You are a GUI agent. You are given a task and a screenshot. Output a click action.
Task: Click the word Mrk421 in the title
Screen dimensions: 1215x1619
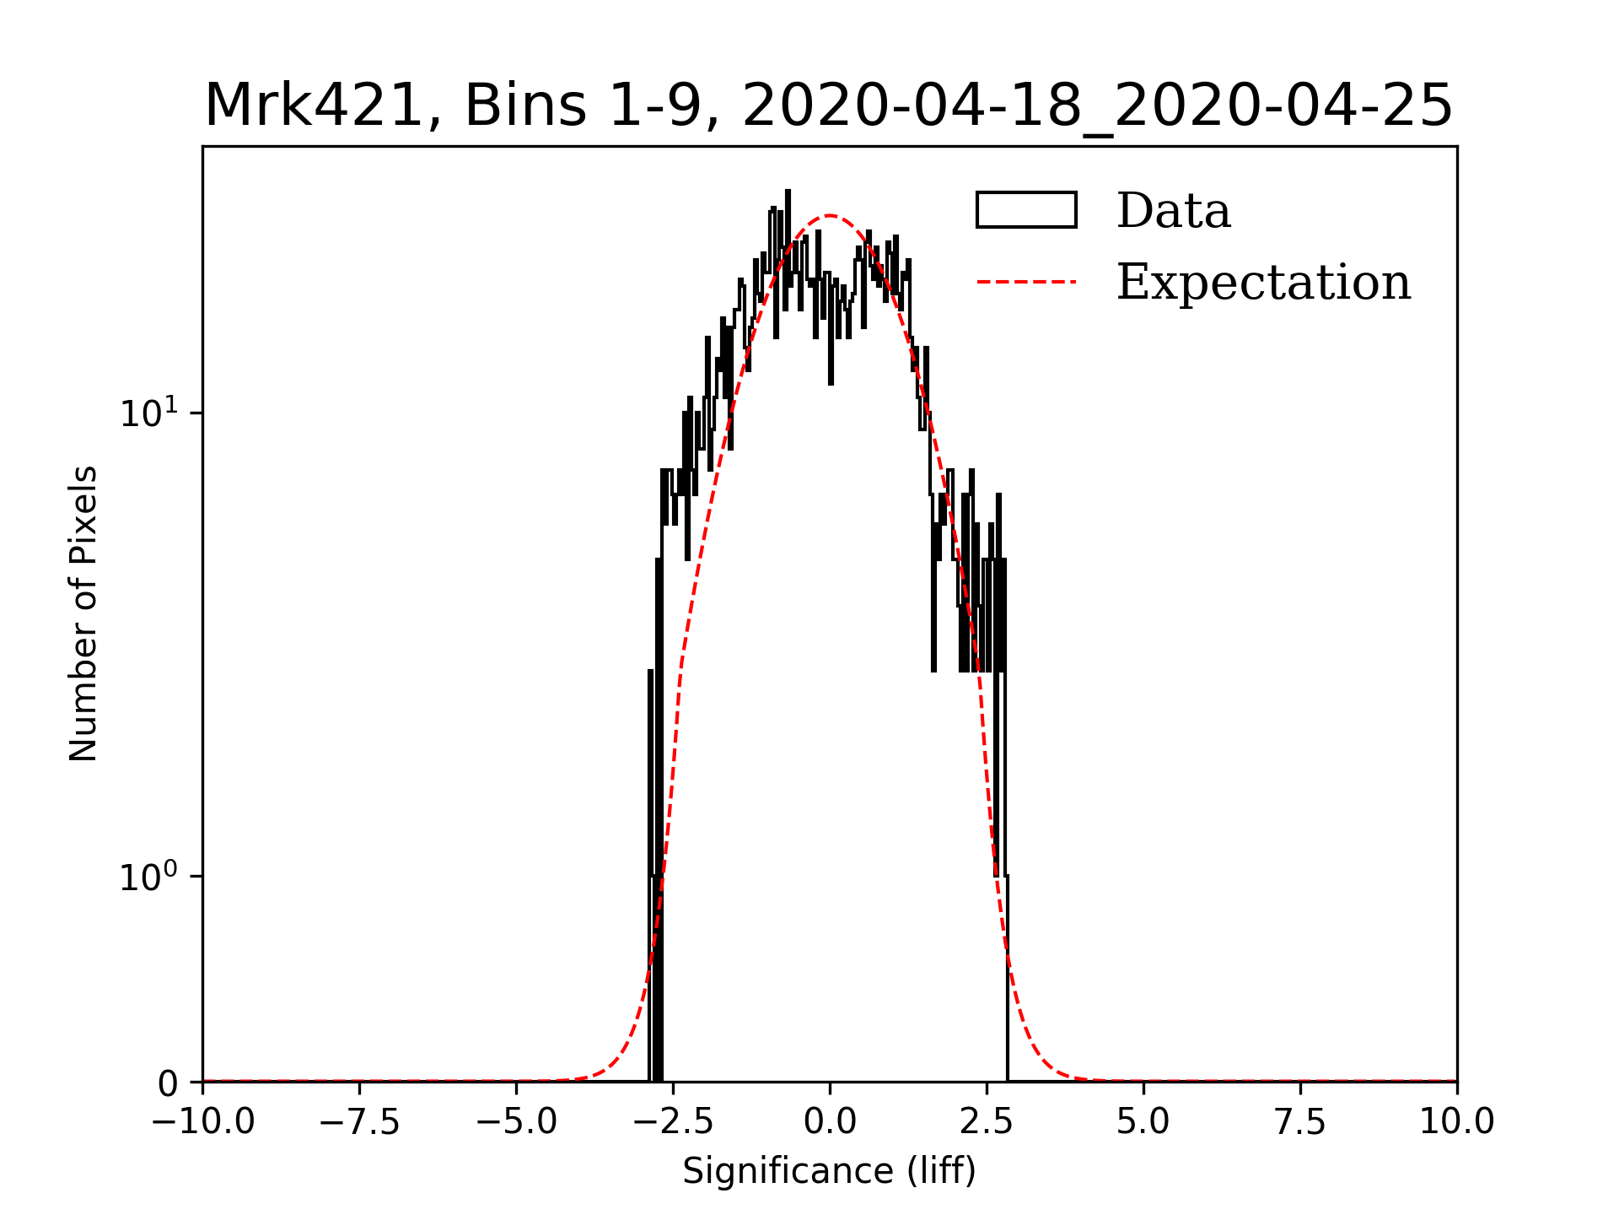[x=313, y=106]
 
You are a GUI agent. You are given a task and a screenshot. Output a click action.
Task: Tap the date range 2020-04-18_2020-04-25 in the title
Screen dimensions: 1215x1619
[x=1097, y=106]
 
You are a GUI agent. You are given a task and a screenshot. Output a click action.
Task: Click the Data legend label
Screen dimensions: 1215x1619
[x=1173, y=211]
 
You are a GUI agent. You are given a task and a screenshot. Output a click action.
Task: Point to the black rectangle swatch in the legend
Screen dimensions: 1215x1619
[x=1026, y=210]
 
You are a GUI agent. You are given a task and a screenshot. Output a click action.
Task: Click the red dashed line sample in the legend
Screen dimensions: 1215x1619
[x=1026, y=282]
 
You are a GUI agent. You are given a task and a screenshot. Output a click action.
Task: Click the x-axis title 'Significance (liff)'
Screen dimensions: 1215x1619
[x=829, y=1171]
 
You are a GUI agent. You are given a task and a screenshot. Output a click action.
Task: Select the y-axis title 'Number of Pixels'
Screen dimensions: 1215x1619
[x=83, y=613]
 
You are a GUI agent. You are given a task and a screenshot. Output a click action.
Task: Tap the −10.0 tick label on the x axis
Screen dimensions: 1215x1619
[x=203, y=1121]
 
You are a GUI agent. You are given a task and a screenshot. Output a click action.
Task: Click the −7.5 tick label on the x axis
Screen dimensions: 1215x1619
[x=360, y=1121]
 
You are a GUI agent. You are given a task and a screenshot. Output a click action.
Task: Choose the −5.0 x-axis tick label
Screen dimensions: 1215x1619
[x=517, y=1121]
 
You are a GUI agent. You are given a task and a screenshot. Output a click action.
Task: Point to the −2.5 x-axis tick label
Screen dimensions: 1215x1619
[x=674, y=1121]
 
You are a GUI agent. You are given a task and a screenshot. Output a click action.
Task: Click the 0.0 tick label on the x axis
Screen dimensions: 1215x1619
[x=830, y=1121]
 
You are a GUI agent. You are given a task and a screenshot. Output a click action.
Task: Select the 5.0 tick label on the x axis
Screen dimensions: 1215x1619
[x=1143, y=1121]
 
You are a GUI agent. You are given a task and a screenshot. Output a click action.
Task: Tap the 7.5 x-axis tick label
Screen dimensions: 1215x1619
[x=1300, y=1121]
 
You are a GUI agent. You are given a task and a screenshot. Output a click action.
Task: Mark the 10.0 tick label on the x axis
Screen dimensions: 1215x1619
[x=1456, y=1121]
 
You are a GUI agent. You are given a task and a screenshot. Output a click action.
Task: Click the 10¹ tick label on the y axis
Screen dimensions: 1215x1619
[x=149, y=413]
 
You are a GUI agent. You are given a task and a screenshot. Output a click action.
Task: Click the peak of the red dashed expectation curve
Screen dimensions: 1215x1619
[x=830, y=216]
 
